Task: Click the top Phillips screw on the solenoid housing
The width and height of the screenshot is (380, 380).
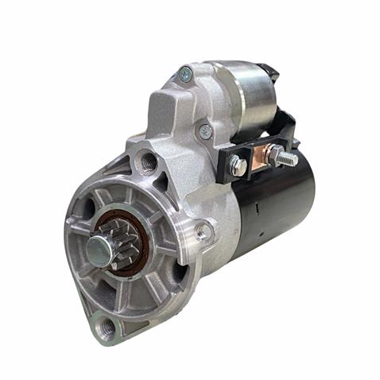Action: tap(186, 75)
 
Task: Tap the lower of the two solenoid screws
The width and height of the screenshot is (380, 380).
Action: tap(206, 130)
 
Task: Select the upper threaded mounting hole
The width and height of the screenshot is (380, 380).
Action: tap(147, 161)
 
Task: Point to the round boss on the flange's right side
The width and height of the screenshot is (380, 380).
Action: tap(204, 232)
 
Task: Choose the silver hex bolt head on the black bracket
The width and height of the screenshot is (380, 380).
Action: tap(237, 166)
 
